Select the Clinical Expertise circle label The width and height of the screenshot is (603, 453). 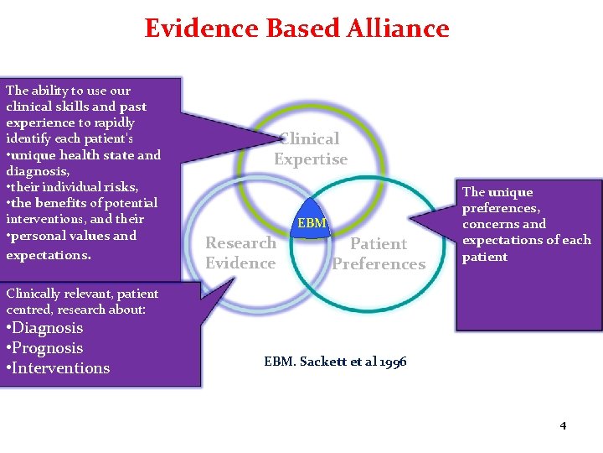(x=311, y=148)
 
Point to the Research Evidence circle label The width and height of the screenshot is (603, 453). (x=241, y=253)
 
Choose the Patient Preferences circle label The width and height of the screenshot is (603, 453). (x=379, y=253)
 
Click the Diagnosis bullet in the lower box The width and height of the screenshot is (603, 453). (x=44, y=328)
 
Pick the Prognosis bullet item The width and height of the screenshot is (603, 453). (x=44, y=348)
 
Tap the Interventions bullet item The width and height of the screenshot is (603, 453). (x=58, y=368)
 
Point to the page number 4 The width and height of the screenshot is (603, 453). (x=563, y=425)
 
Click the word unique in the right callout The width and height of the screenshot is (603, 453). (x=510, y=192)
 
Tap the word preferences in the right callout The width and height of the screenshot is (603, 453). (x=499, y=208)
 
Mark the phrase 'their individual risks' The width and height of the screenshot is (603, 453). (x=75, y=186)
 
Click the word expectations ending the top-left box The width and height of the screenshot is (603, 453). (x=48, y=254)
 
